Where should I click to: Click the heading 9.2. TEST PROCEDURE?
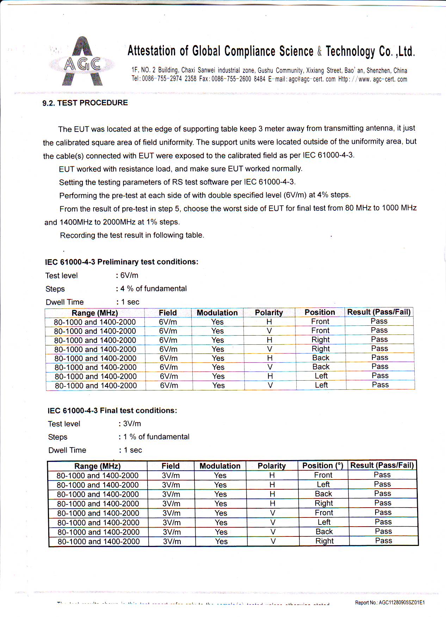click(x=85, y=103)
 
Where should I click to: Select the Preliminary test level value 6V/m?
click(x=129, y=275)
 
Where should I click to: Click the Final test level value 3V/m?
click(x=132, y=424)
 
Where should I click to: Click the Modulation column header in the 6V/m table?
click(x=217, y=313)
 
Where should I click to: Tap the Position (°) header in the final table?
click(x=323, y=465)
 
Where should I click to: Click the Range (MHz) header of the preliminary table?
click(x=95, y=313)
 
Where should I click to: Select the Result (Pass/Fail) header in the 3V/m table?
click(x=382, y=465)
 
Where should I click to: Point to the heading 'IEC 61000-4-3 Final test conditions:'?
click(x=112, y=411)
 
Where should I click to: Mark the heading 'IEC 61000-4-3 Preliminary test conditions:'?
click(x=122, y=262)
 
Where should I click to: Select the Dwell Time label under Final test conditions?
click(x=67, y=450)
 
